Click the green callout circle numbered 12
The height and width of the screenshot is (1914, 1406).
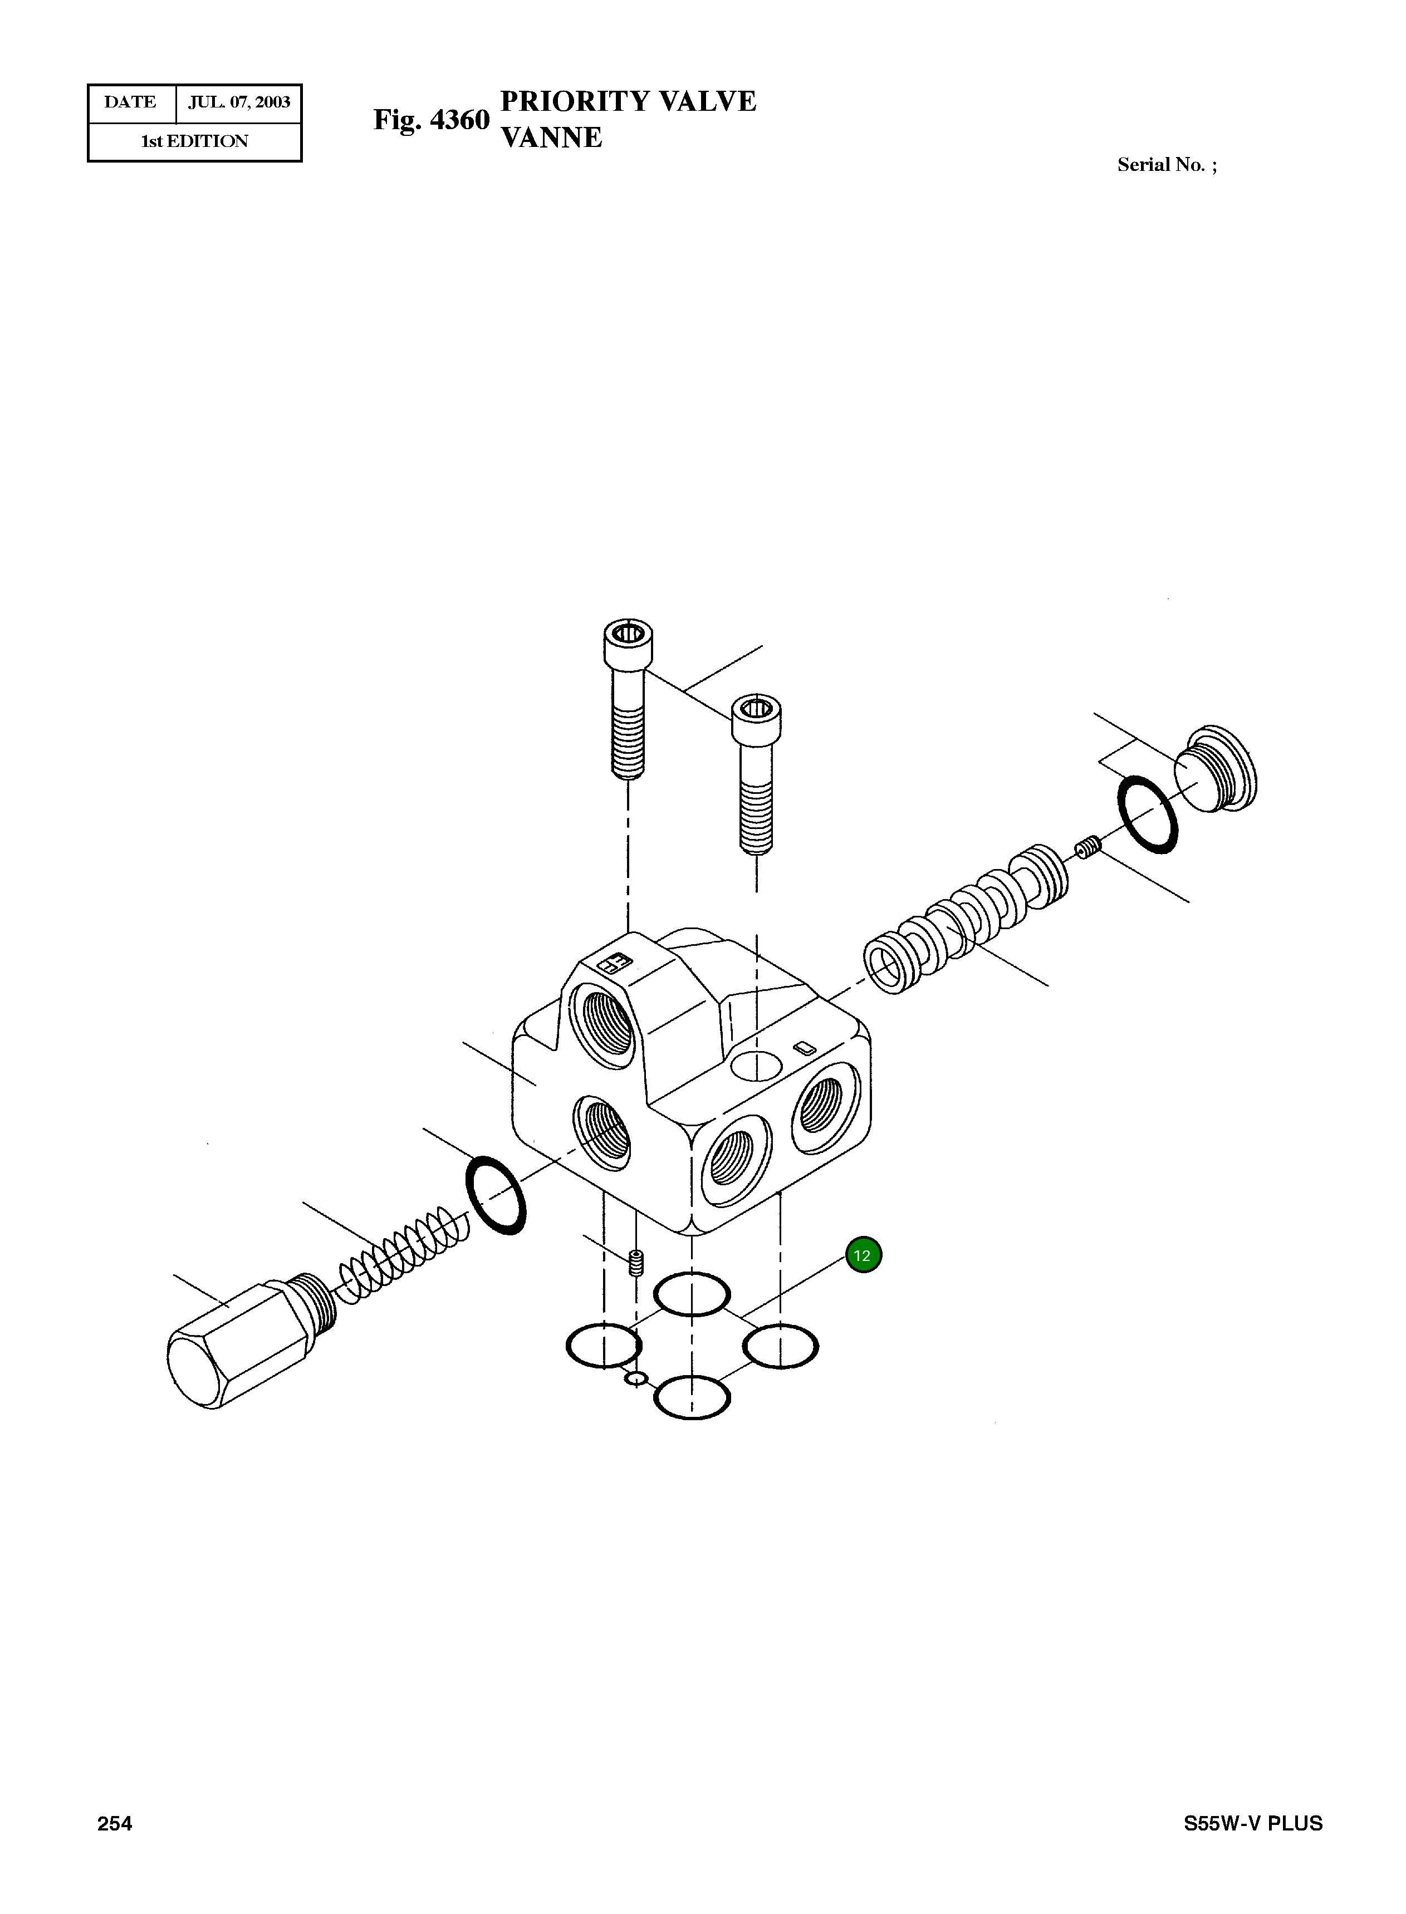tap(863, 1255)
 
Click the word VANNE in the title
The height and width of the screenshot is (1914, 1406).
tap(551, 138)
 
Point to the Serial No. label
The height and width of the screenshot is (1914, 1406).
tap(1166, 165)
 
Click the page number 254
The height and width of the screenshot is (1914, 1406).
tap(115, 1823)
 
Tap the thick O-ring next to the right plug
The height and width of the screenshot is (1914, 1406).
tap(1147, 814)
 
